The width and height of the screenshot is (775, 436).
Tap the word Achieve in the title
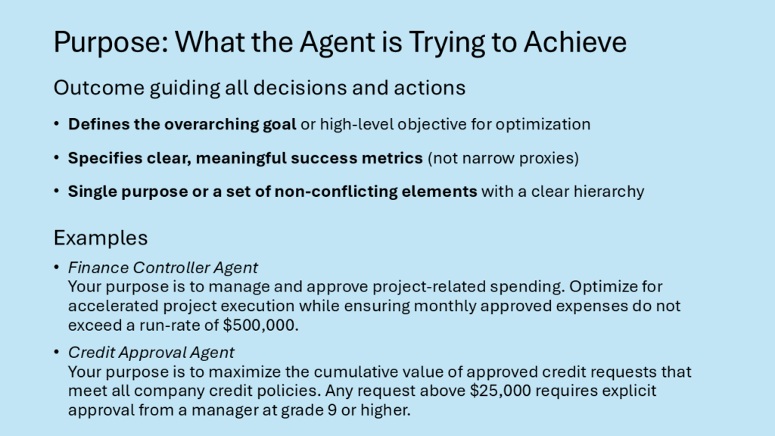(575, 42)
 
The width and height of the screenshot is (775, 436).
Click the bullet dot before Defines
(57, 123)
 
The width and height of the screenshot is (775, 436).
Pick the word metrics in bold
(392, 158)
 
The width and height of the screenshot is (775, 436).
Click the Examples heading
(101, 238)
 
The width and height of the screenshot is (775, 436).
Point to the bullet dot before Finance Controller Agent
(57, 267)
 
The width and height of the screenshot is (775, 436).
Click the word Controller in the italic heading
(172, 268)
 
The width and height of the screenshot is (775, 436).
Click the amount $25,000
(500, 391)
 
